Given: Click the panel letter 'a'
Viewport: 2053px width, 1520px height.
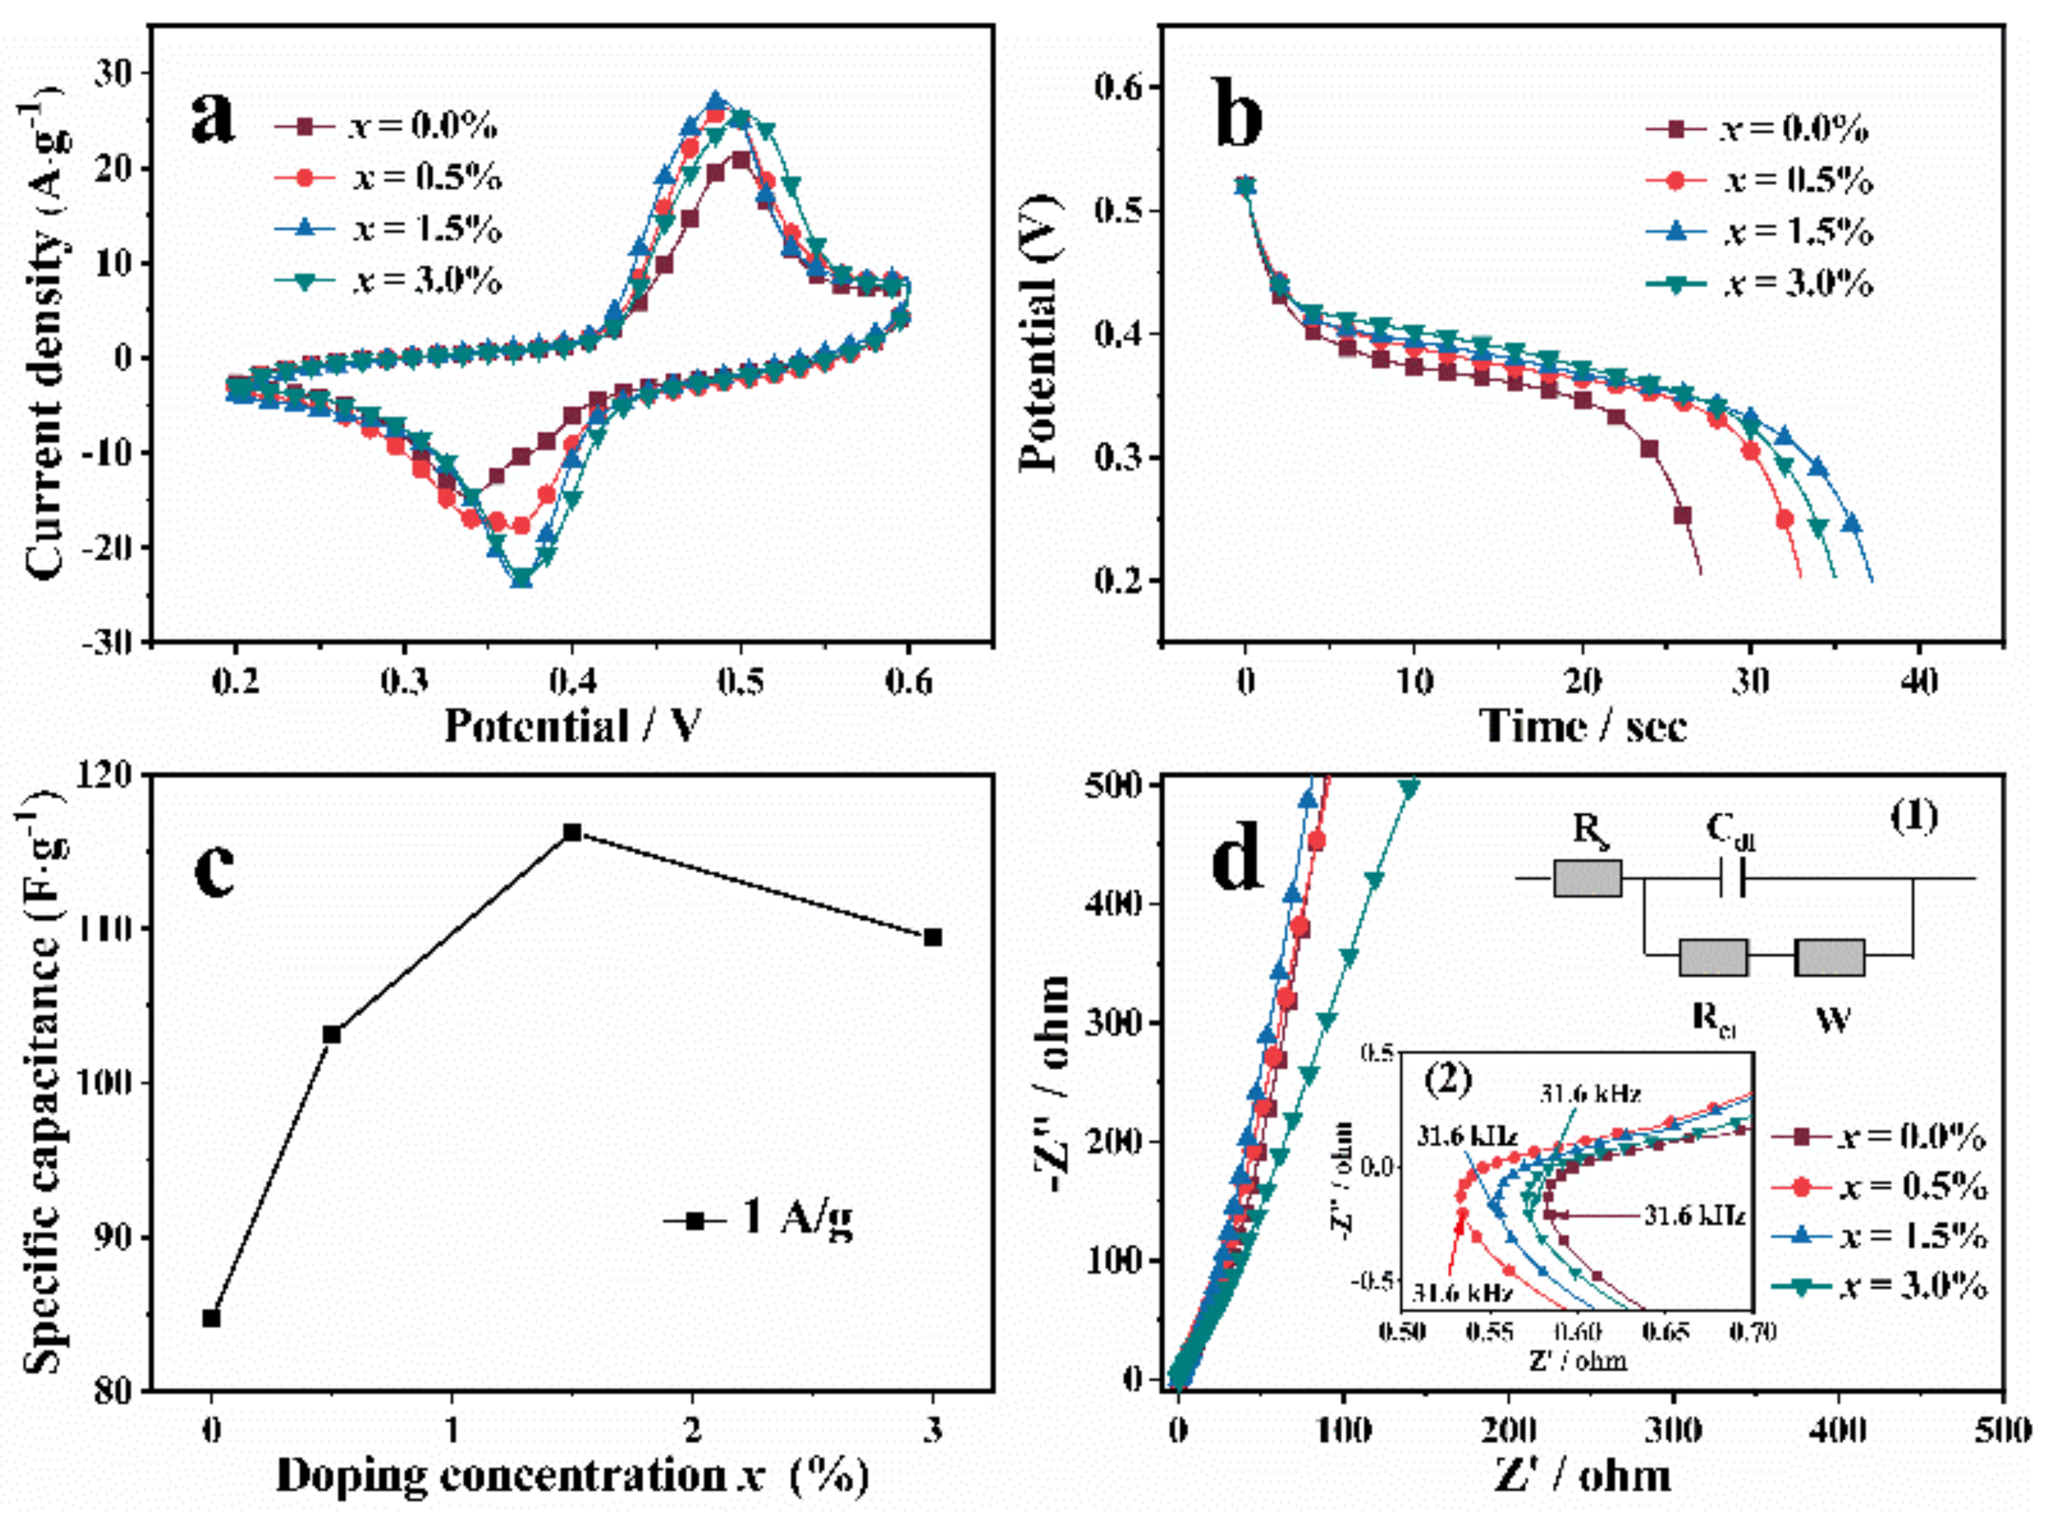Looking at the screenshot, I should (x=213, y=120).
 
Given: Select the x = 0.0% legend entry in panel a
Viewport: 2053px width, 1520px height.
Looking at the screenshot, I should (x=387, y=127).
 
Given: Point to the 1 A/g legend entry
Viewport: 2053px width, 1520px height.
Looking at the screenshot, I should (x=758, y=1220).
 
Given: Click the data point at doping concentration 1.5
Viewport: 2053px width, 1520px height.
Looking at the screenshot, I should (x=572, y=833).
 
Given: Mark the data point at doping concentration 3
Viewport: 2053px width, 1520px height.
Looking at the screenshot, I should (x=933, y=936).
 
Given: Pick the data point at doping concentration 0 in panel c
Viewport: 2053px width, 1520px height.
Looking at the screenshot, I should (x=211, y=1318).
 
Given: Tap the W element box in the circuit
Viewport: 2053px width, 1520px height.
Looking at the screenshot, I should (x=1830, y=958).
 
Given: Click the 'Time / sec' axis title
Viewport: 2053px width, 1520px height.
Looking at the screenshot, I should (x=1583, y=726).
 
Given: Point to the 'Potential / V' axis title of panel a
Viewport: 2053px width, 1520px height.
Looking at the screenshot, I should (x=572, y=726).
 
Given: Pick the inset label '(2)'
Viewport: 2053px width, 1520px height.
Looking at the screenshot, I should (x=1447, y=1079).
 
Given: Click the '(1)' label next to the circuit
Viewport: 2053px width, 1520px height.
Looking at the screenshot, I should (x=1913, y=816).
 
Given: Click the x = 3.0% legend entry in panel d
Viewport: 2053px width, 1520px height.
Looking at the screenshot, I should (x=1877, y=1285).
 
